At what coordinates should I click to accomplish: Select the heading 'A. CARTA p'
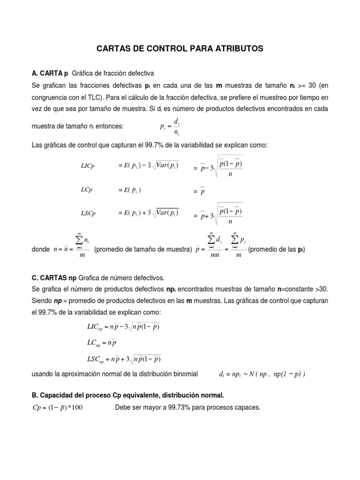click(x=49, y=74)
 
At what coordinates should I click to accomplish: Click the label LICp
click(x=88, y=167)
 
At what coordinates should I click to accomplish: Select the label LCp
click(x=87, y=190)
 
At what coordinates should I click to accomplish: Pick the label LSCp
click(x=88, y=213)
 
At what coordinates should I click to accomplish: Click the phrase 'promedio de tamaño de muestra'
click(x=143, y=249)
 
